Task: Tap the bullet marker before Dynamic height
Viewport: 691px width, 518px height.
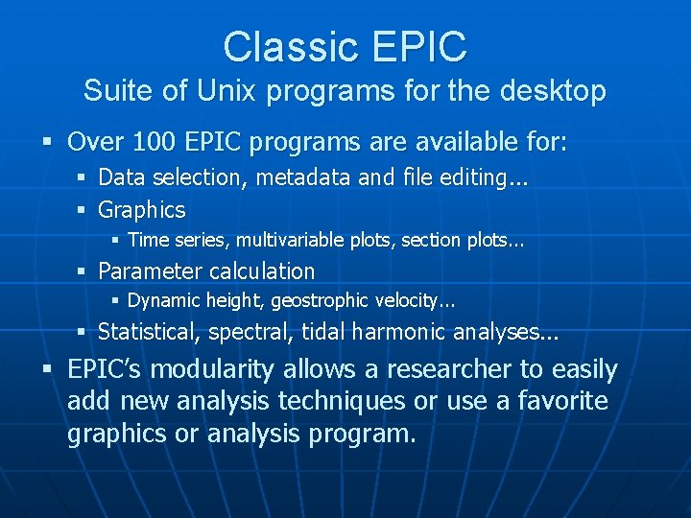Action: [114, 300]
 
